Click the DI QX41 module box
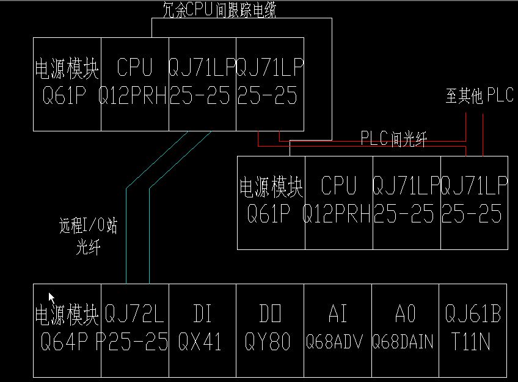[x=202, y=330]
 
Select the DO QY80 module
[x=269, y=330]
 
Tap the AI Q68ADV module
[x=338, y=330]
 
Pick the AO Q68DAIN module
[x=405, y=330]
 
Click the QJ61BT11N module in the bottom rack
[x=473, y=330]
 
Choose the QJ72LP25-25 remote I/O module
[x=134, y=330]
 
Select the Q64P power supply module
[x=67, y=330]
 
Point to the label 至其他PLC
[x=480, y=96]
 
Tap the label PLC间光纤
[x=393, y=139]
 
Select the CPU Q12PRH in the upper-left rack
[x=134, y=84]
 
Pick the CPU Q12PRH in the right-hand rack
[x=338, y=202]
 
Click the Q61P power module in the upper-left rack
[x=67, y=84]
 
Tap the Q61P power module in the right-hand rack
[x=271, y=202]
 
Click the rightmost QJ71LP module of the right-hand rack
[x=473, y=202]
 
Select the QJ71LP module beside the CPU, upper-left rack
[x=202, y=84]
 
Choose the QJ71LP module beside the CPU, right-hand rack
[x=406, y=202]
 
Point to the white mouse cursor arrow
[x=52, y=298]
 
